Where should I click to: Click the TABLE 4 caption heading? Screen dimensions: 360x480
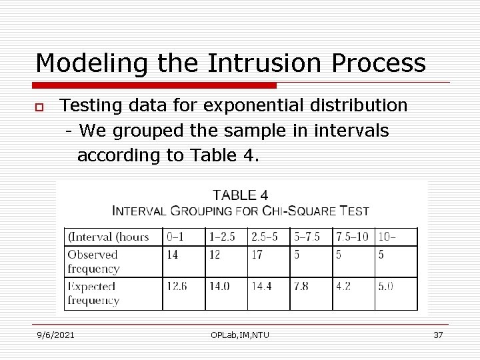click(x=240, y=195)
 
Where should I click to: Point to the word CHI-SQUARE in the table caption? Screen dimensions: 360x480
click(x=300, y=211)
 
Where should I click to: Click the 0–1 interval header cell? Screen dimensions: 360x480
click(x=175, y=237)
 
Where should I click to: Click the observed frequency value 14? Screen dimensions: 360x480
click(x=173, y=255)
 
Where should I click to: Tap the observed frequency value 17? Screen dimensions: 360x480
click(x=257, y=255)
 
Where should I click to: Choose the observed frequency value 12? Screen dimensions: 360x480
click(x=215, y=255)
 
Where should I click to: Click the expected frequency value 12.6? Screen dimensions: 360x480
click(x=177, y=286)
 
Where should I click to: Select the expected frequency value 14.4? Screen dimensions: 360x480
click(x=262, y=286)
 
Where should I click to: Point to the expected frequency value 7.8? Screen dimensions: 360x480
click(x=301, y=286)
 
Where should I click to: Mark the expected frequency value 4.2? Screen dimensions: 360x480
click(x=344, y=286)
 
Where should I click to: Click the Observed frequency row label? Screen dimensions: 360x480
click(x=93, y=261)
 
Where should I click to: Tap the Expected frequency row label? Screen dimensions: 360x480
click(x=93, y=293)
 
